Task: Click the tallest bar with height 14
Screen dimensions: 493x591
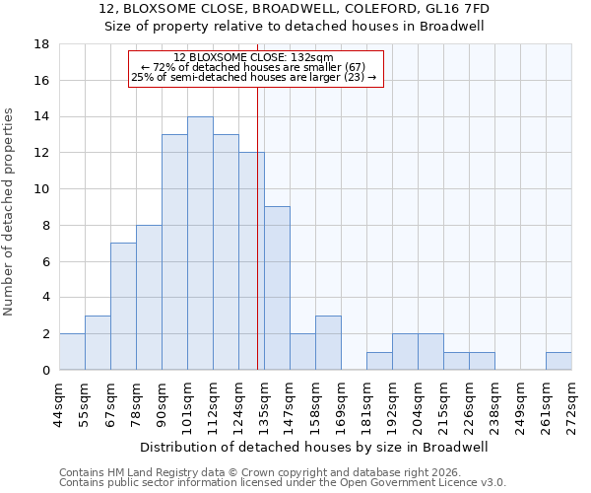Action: [x=200, y=244]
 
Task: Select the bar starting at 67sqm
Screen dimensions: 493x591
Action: [x=123, y=307]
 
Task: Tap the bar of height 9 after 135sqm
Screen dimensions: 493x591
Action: [x=277, y=288]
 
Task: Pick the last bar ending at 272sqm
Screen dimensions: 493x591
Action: [x=558, y=361]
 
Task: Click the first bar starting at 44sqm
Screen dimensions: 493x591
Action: [x=72, y=352]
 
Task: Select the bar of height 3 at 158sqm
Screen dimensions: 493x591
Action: [x=328, y=342]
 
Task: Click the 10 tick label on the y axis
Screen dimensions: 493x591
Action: [x=42, y=189]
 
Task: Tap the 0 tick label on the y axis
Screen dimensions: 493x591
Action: [x=46, y=371]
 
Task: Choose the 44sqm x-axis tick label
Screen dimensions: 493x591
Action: [x=59, y=402]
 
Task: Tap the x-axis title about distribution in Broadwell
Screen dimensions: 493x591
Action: [x=315, y=447]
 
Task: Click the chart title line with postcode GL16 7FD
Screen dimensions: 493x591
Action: [x=295, y=9]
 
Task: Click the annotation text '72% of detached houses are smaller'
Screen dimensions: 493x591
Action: [x=253, y=67]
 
